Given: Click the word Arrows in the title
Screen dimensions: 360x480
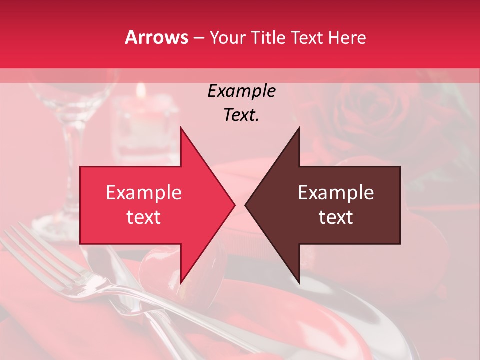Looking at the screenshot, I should [157, 37].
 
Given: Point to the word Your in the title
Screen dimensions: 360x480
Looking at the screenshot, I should [228, 37].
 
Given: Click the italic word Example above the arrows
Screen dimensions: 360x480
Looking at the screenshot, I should [241, 91].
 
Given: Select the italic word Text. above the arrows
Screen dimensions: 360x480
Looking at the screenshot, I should [241, 115].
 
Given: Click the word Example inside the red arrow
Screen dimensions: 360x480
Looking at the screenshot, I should [144, 193].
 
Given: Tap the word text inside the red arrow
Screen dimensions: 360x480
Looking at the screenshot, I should [144, 217].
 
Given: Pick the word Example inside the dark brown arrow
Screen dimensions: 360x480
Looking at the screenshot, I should [336, 193].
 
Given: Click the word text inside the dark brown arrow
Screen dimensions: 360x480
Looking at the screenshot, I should [336, 217].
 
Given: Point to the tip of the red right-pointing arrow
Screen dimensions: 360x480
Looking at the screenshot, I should [235, 205].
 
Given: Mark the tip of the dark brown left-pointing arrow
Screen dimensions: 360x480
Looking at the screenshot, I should [245, 205].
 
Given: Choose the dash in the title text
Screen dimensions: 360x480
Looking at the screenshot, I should [198, 38].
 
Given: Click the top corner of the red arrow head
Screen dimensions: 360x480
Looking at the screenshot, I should [181, 127].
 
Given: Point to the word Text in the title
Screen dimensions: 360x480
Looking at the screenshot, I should [308, 37].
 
